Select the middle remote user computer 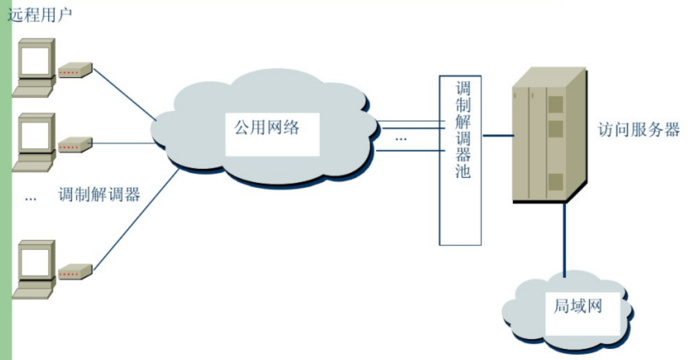(x=35, y=141)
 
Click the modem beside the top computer (x=75, y=71)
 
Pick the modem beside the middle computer (x=75, y=145)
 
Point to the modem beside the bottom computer (x=75, y=272)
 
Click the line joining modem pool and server (x=497, y=135)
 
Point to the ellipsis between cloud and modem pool (x=400, y=139)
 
